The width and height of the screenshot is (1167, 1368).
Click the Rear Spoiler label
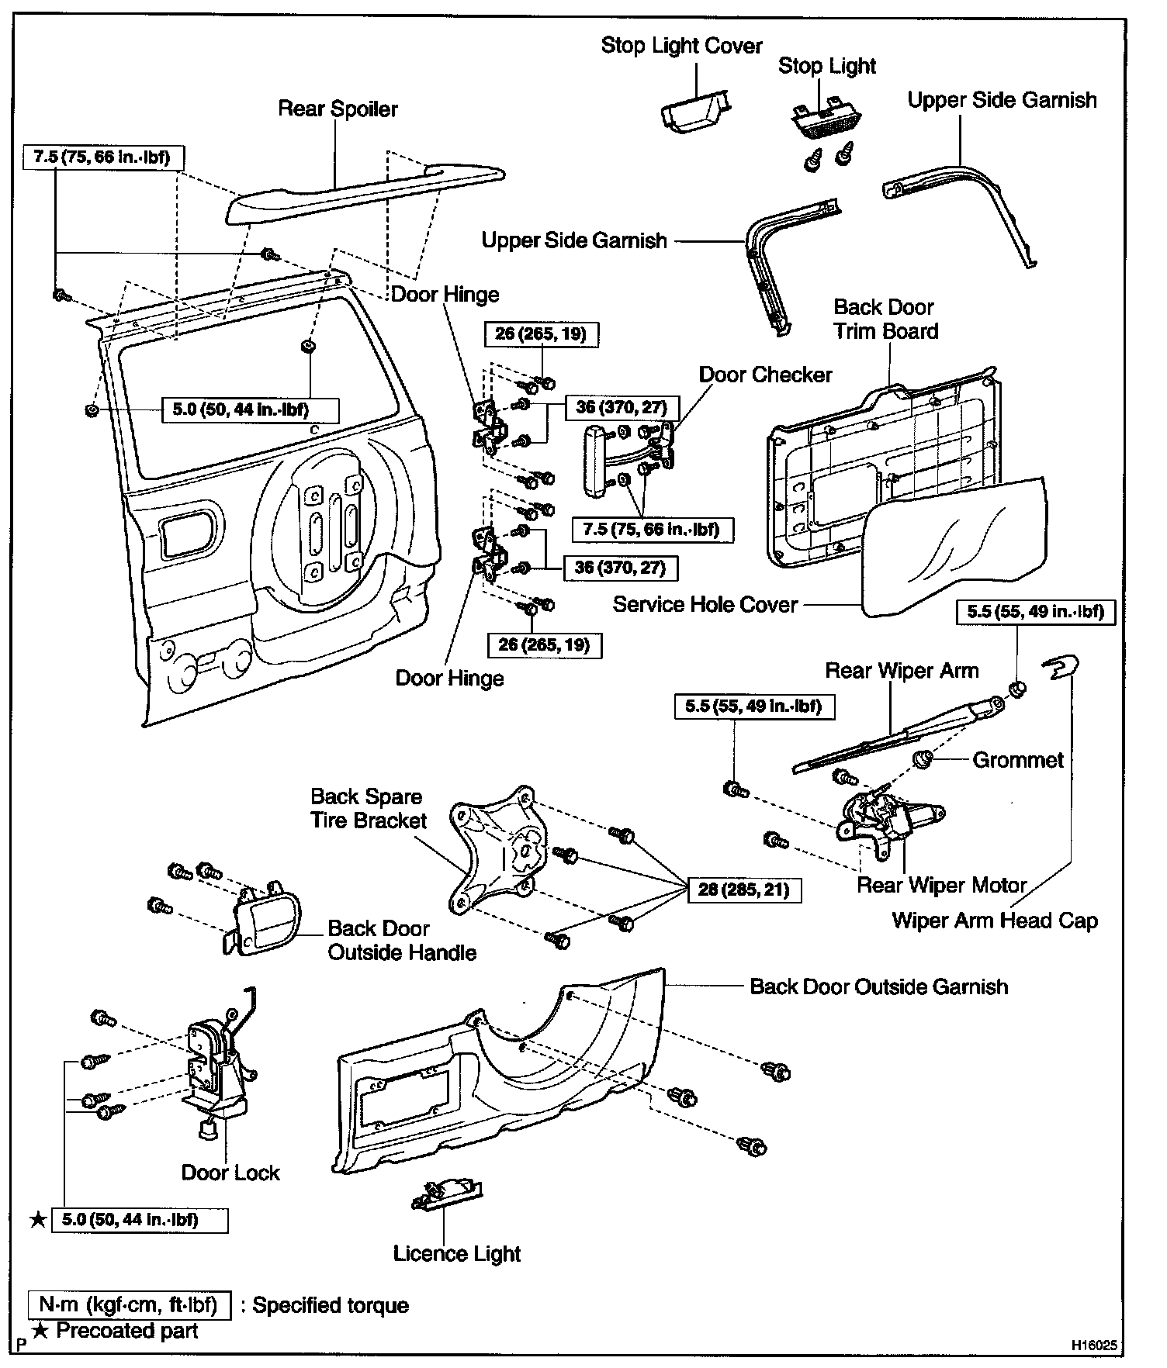[338, 109]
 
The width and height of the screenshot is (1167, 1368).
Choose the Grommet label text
[1017, 760]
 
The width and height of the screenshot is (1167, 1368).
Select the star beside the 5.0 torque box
[38, 1221]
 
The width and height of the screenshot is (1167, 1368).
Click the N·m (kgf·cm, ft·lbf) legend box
[129, 1305]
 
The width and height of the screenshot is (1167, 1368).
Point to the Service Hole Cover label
[705, 604]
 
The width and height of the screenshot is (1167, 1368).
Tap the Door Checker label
[765, 375]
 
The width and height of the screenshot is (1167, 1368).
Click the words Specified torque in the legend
[331, 1305]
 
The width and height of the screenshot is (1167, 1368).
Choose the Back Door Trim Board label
[885, 320]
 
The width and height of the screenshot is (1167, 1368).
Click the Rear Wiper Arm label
[901, 671]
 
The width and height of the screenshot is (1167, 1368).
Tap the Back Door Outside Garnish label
[878, 986]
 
